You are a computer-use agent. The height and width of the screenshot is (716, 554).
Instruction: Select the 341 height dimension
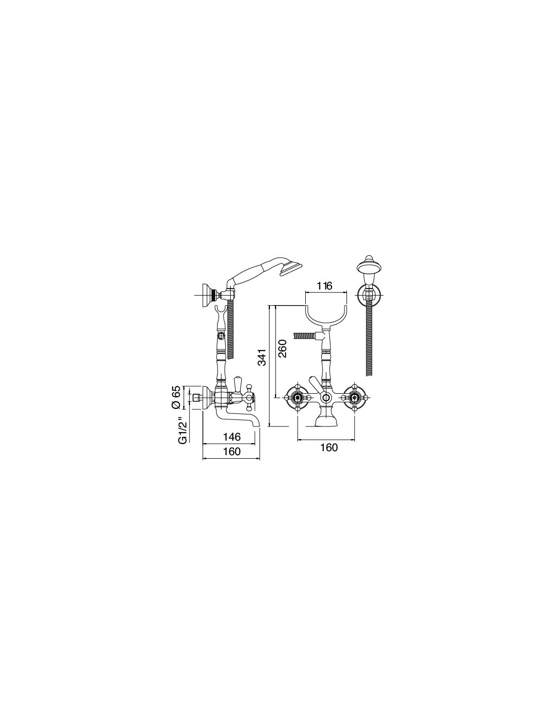pyautogui.click(x=262, y=357)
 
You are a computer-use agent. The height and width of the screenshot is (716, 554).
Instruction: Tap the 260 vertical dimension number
pyautogui.click(x=283, y=348)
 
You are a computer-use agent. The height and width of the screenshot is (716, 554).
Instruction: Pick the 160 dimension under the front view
pyautogui.click(x=328, y=448)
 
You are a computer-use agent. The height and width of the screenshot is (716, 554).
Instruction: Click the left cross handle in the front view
pyautogui.click(x=298, y=398)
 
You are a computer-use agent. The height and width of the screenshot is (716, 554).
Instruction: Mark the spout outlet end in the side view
pyautogui.click(x=257, y=427)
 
